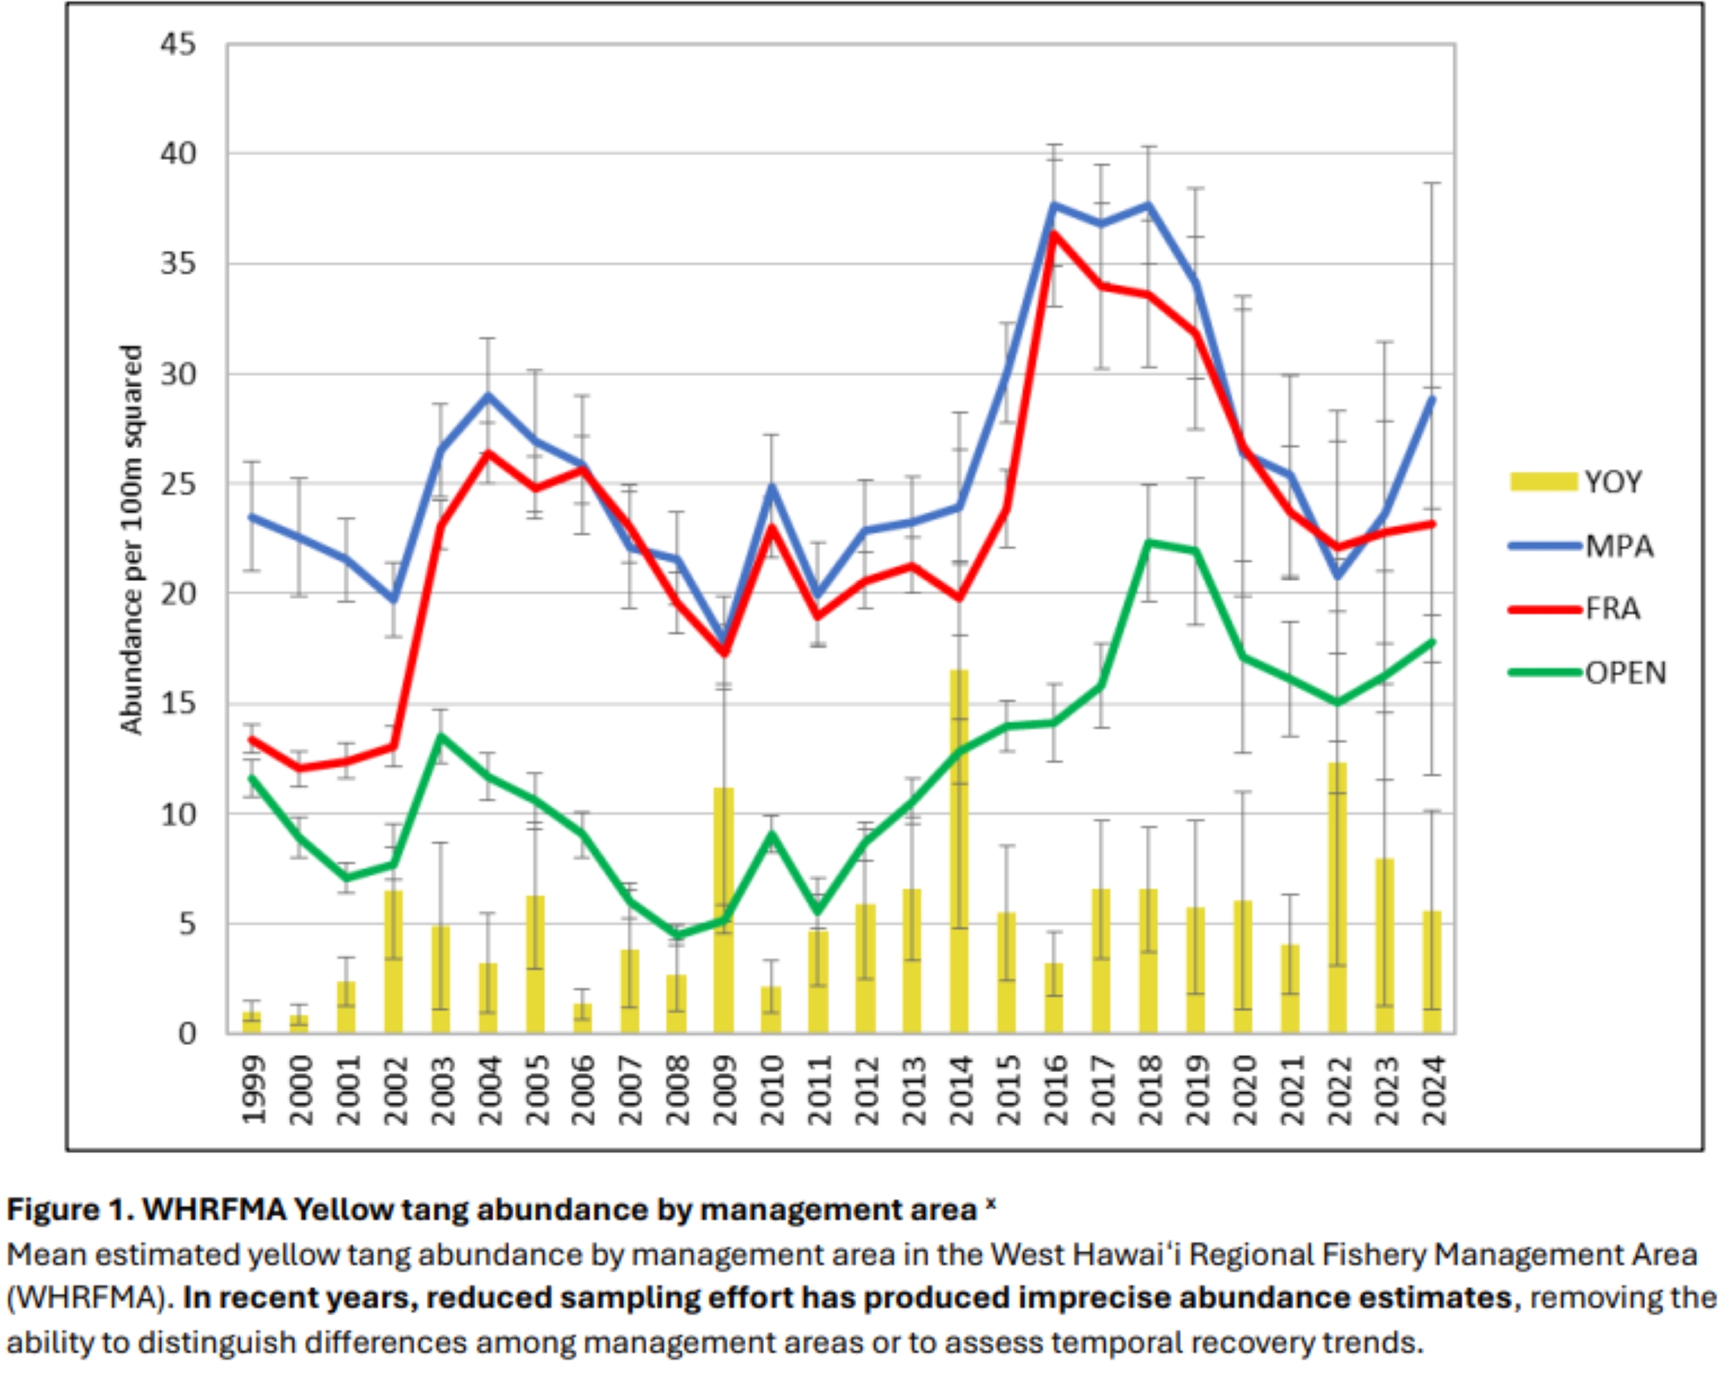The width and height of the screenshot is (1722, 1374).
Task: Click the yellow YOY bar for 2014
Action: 959,854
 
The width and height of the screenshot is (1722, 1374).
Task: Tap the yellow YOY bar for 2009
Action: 724,910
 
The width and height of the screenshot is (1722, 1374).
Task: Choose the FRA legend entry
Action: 1612,609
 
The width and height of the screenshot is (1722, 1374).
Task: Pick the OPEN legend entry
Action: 1624,673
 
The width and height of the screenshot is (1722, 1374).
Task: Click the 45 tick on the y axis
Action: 178,44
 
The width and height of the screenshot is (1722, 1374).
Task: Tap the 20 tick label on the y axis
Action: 178,593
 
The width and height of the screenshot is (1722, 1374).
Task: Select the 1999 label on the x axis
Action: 254,1090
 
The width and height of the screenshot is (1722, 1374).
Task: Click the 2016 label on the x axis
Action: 1055,1090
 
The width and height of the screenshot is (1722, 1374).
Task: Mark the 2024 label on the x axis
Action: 1434,1090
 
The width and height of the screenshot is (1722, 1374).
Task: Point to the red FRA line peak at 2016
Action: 1054,233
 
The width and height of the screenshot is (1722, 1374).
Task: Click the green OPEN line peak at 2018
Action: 1149,543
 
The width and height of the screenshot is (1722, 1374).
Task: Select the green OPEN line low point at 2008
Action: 677,936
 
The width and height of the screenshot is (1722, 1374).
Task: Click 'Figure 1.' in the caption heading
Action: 69,1210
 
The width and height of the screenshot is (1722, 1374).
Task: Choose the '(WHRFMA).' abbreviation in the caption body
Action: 90,1298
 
